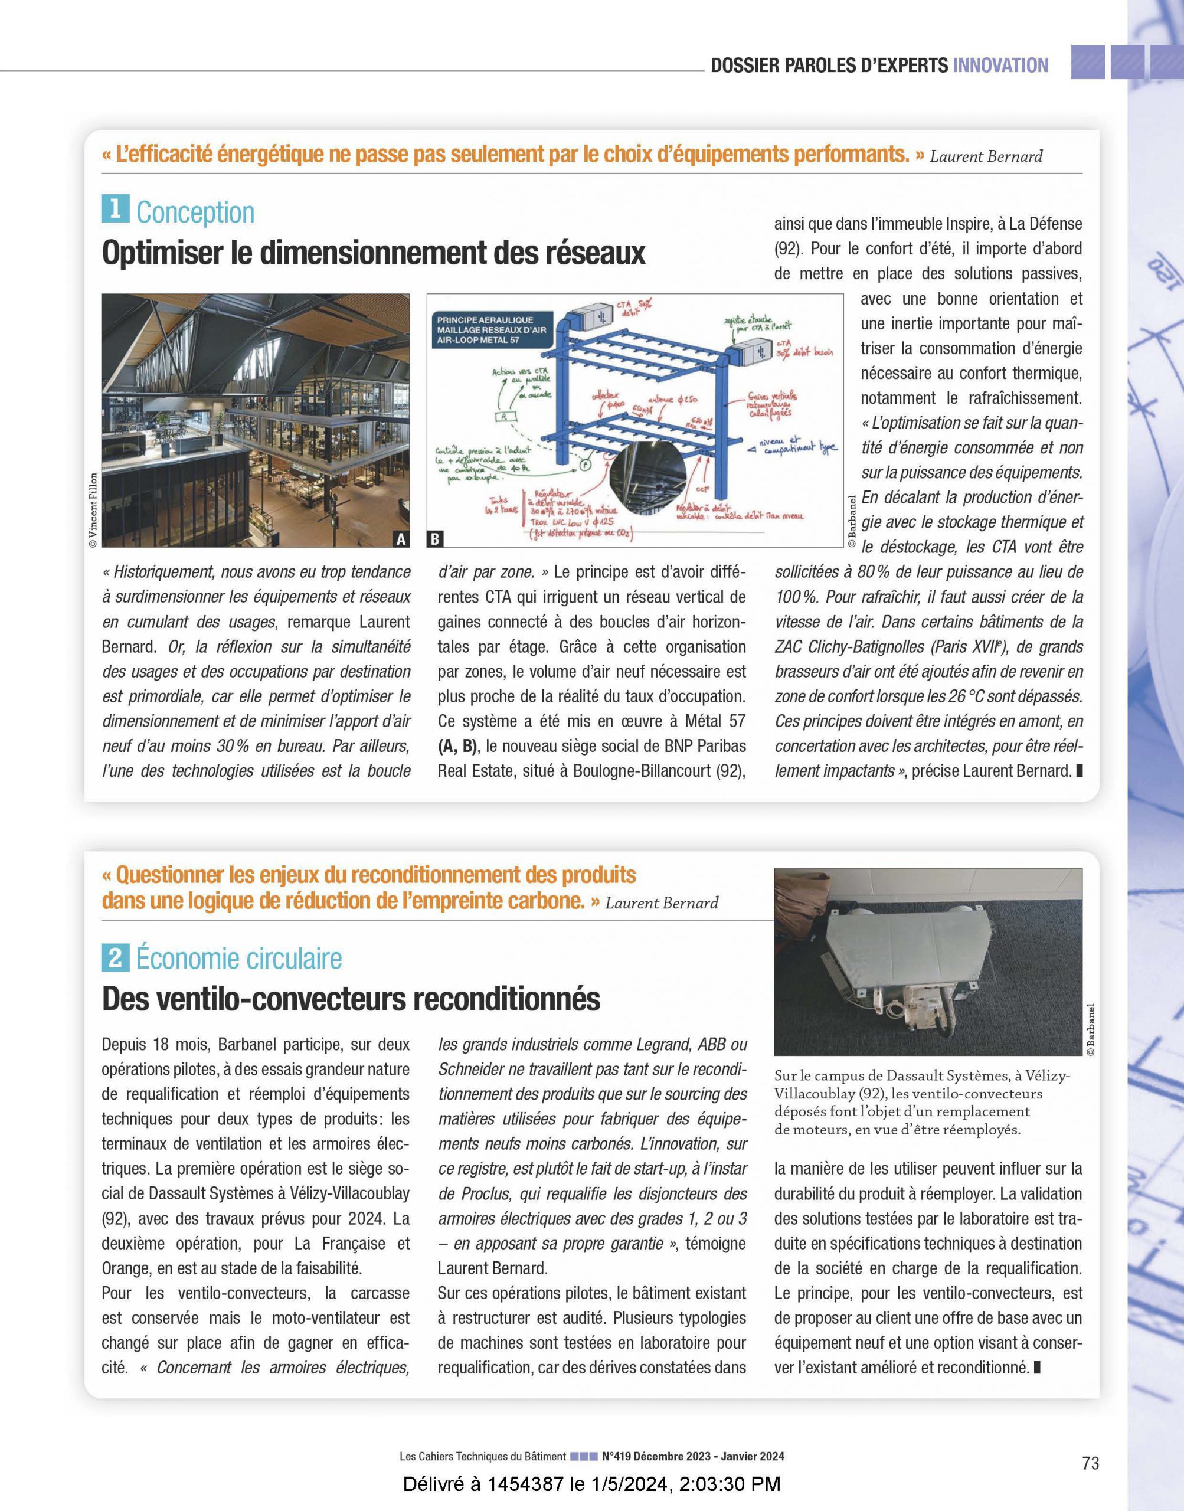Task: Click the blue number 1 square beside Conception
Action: (x=115, y=210)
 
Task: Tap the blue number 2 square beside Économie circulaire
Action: (x=115, y=958)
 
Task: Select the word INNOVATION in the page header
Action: (x=1000, y=66)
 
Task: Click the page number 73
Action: (x=1090, y=1463)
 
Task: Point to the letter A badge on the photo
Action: (x=401, y=538)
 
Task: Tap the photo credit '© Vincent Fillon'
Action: (x=94, y=510)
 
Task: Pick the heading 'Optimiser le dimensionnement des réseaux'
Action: (x=373, y=253)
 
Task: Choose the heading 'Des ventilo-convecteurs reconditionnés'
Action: (x=351, y=999)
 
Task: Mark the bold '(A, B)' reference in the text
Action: (x=457, y=746)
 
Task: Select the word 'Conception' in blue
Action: (x=195, y=212)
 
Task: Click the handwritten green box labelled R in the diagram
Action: (x=505, y=417)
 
